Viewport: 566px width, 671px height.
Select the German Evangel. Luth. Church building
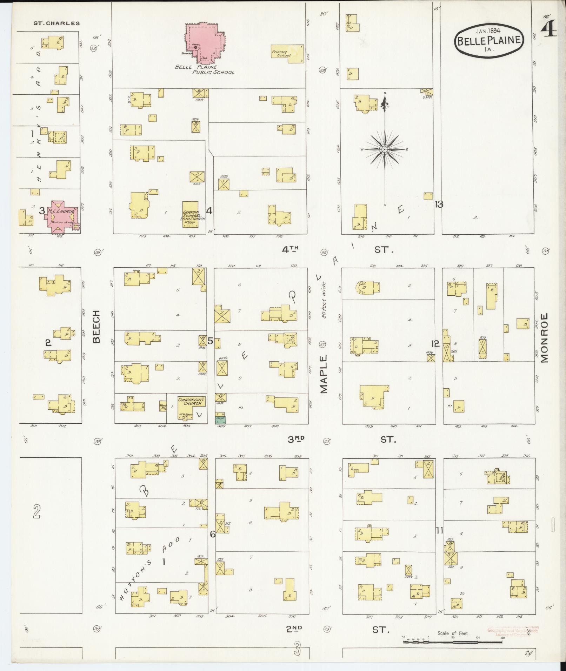click(x=191, y=214)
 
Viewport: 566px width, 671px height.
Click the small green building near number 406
click(x=220, y=419)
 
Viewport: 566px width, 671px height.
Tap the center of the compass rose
click(x=385, y=149)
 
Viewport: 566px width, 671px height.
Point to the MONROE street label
click(x=544, y=337)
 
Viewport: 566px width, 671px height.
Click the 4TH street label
click(x=290, y=249)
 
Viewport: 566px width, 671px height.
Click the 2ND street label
click(x=294, y=630)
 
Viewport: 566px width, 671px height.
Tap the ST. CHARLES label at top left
click(x=56, y=24)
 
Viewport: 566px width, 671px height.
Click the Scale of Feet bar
click(x=453, y=642)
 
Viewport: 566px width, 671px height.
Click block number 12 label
click(x=435, y=344)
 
